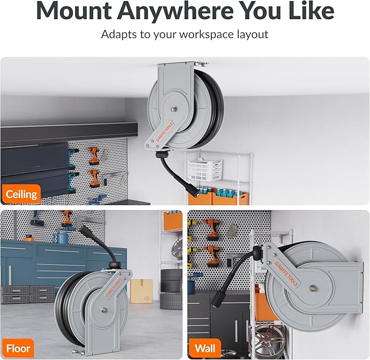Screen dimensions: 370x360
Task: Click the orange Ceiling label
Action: (21, 194)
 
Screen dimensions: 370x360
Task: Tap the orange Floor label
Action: (18, 349)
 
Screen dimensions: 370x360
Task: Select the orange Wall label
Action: (205, 349)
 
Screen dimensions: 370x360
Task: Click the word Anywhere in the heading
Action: (175, 11)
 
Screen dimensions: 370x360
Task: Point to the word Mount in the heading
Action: (74, 11)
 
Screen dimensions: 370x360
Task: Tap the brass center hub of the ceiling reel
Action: (173, 109)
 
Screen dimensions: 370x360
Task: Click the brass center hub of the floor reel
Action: (104, 310)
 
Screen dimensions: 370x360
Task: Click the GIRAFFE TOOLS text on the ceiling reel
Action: (165, 131)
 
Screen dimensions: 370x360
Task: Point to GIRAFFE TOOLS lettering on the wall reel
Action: (286, 274)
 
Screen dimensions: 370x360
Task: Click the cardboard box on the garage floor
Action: (142, 291)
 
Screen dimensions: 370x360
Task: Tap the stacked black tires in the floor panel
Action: (171, 290)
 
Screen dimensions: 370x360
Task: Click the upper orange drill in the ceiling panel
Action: (94, 155)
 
